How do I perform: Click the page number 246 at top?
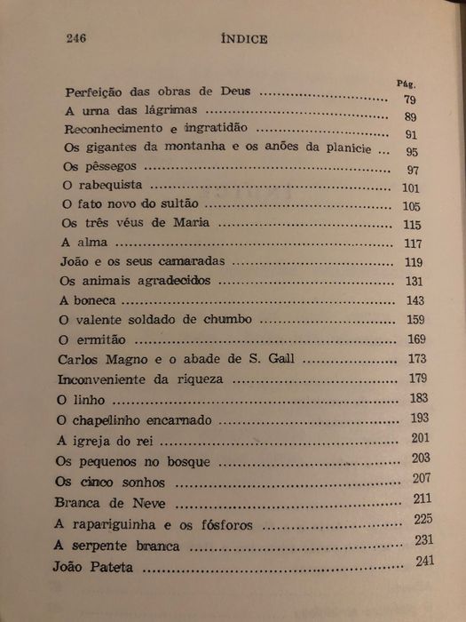80,39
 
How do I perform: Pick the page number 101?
411,187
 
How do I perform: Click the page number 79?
409,99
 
